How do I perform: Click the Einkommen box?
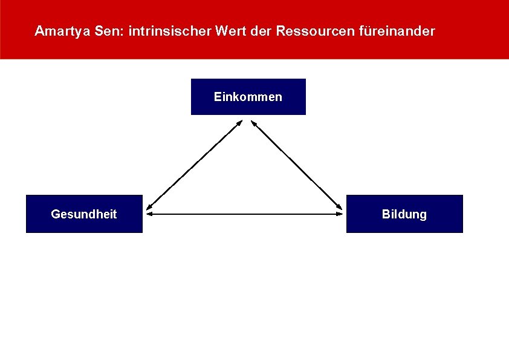pyautogui.click(x=248, y=97)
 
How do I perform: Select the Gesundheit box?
pyautogui.click(x=84, y=214)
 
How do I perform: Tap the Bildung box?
pyautogui.click(x=404, y=214)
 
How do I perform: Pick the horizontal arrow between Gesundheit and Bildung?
pyautogui.click(x=244, y=214)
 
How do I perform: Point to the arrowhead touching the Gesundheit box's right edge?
pyautogui.click(x=149, y=214)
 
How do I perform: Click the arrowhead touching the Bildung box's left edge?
pyautogui.click(x=340, y=214)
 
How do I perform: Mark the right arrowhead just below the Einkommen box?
pyautogui.click(x=254, y=123)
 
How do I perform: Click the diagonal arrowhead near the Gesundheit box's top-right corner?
pyautogui.click(x=149, y=207)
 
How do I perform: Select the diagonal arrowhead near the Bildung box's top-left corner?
pyautogui.click(x=339, y=207)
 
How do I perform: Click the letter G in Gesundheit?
pyautogui.click(x=55, y=214)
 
